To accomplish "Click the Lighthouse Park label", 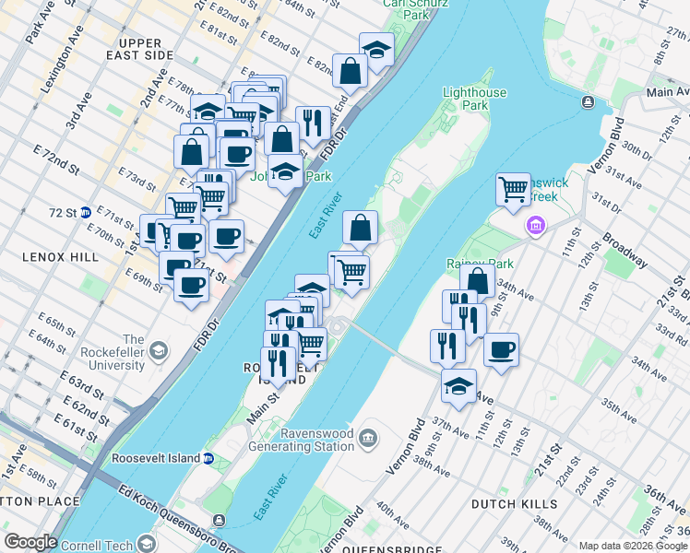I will pyautogui.click(x=474, y=100).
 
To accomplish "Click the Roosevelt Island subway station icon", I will pyautogui.click(x=208, y=458).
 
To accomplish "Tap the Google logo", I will pyautogui.click(x=30, y=542).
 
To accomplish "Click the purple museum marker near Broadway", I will pyautogui.click(x=534, y=225).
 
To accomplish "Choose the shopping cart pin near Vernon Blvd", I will pyautogui.click(x=513, y=190).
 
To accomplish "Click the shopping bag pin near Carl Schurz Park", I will pyautogui.click(x=351, y=71).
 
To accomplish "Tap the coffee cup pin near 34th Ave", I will pyautogui.click(x=501, y=350).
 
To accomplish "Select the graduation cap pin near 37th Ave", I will pyautogui.click(x=458, y=387).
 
